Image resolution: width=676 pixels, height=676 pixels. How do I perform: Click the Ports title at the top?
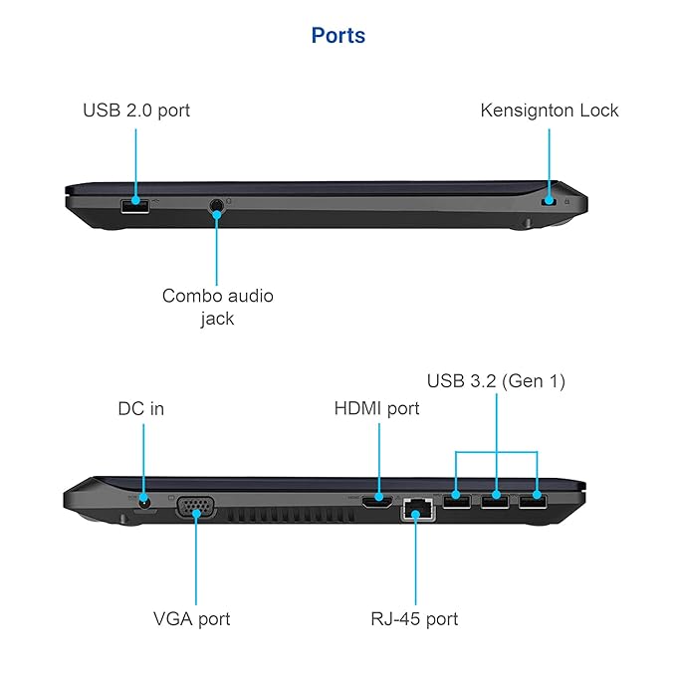pyautogui.click(x=338, y=36)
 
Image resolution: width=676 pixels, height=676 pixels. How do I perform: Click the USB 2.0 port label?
pyautogui.click(x=136, y=111)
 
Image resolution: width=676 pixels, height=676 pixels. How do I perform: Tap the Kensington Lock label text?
pyautogui.click(x=549, y=111)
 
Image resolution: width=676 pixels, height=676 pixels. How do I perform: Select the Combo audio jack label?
pyautogui.click(x=217, y=307)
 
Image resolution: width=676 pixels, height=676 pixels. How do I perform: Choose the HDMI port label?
pyautogui.click(x=376, y=408)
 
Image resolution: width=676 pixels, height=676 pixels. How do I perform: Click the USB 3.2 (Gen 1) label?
pyautogui.click(x=496, y=380)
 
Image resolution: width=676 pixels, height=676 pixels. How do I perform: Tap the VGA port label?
pyautogui.click(x=192, y=618)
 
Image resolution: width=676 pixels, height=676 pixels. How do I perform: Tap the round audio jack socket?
pyautogui.click(x=217, y=207)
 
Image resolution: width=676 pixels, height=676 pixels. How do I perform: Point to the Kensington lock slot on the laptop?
pyautogui.click(x=547, y=202)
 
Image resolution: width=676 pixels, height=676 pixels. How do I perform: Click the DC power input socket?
pyautogui.click(x=145, y=501)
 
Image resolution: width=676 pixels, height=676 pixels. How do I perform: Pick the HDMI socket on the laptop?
pyautogui.click(x=376, y=501)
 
